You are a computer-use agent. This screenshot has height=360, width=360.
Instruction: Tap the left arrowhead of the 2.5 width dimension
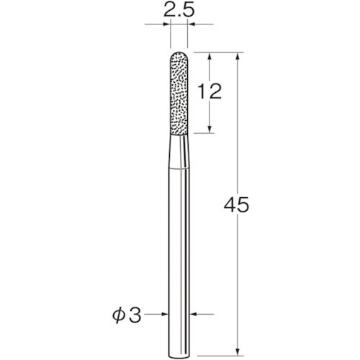(167, 25)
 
